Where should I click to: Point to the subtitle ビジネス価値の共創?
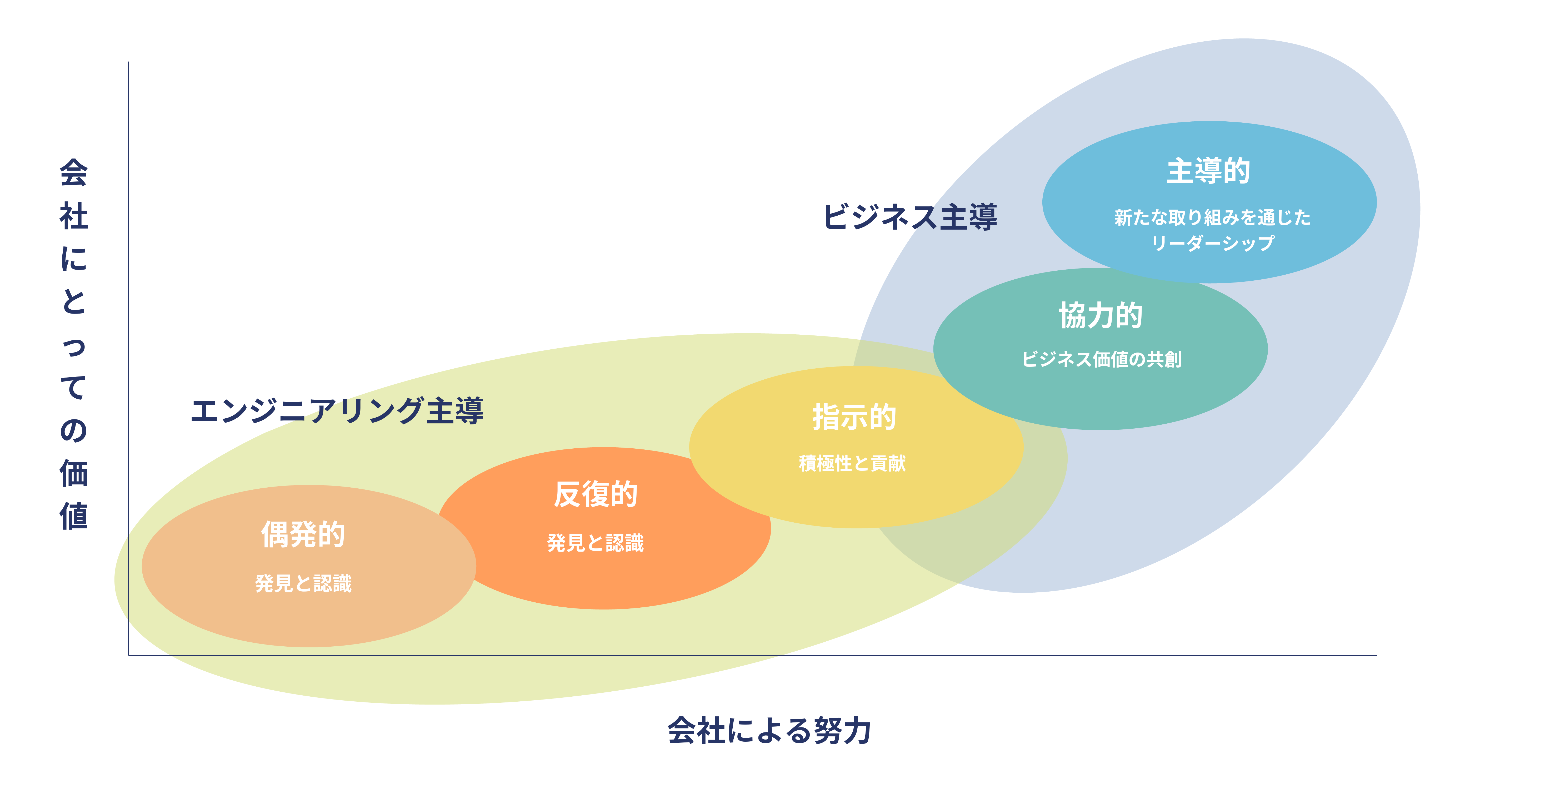[1101, 359]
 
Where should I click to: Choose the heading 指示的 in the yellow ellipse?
[854, 417]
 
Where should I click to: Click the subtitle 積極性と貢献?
[852, 463]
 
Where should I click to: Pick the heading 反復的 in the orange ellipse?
[596, 494]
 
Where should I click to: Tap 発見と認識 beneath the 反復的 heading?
[596, 543]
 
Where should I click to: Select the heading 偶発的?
[303, 534]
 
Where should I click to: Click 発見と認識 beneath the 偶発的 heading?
[303, 583]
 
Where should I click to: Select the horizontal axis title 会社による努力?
[769, 731]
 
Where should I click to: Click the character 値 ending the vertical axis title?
[73, 517]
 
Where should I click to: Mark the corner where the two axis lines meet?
[128, 655]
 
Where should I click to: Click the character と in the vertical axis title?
[73, 301]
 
